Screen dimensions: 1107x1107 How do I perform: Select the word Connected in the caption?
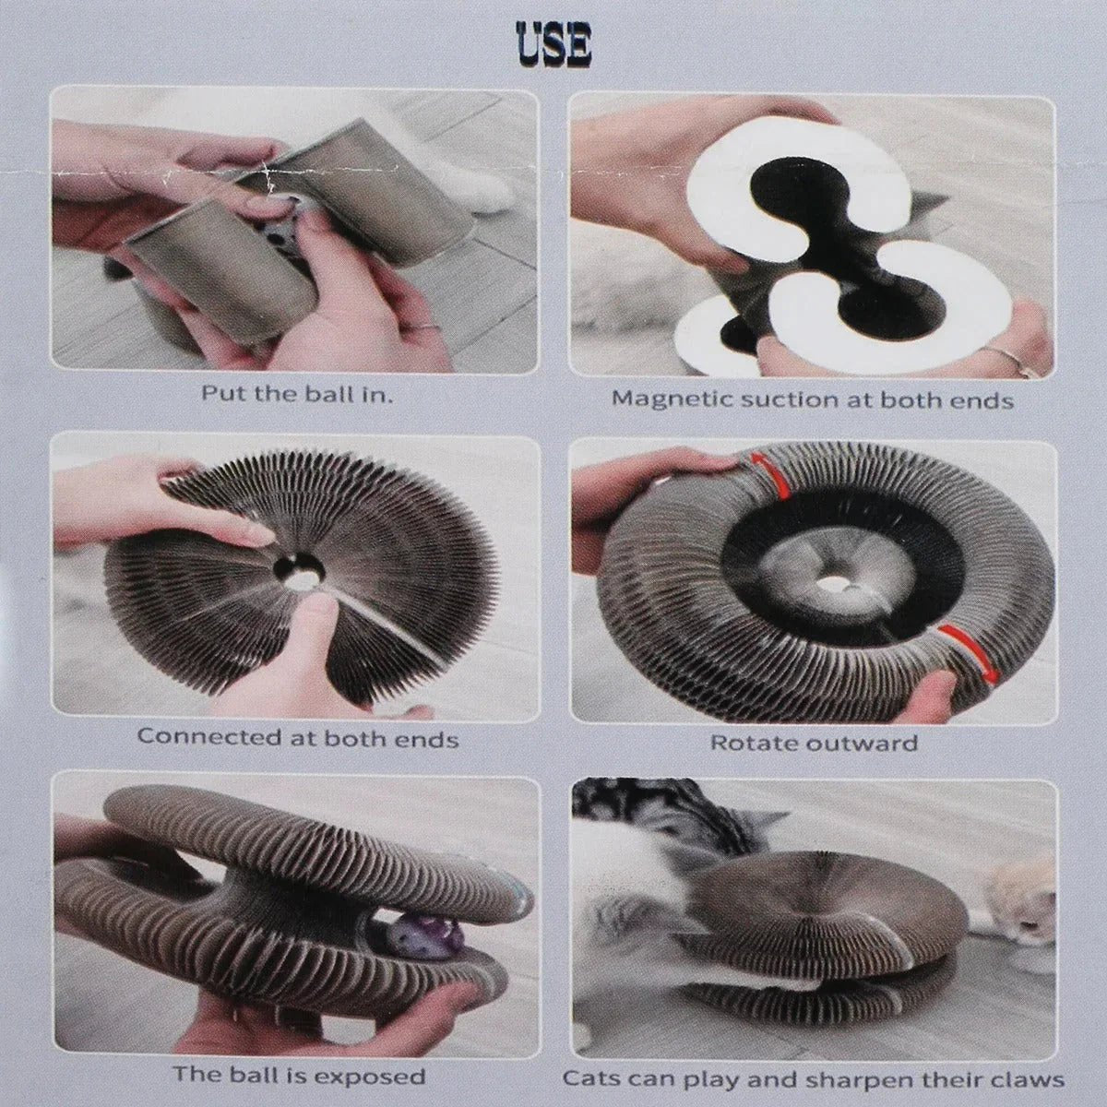point(209,737)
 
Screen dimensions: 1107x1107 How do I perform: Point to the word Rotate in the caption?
point(755,743)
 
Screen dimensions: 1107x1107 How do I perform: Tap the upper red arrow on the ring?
point(761,469)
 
